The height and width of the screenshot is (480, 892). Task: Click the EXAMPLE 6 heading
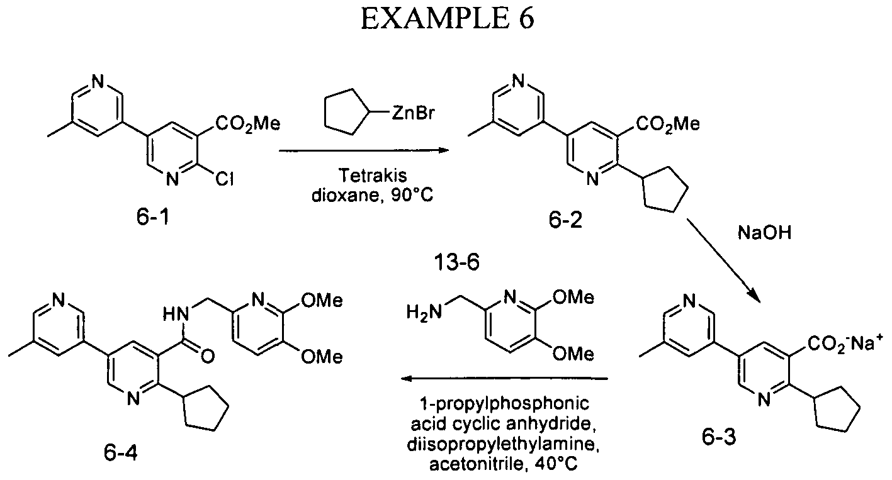[447, 20]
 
